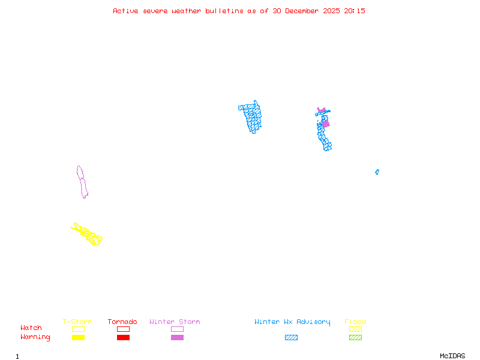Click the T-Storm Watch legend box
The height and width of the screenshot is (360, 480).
[x=78, y=329]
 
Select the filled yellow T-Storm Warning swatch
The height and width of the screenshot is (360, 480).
[x=78, y=337]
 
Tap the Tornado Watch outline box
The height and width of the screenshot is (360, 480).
[x=123, y=329]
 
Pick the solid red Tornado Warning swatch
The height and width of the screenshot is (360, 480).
[x=123, y=337]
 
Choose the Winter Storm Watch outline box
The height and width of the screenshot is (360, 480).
[x=177, y=329]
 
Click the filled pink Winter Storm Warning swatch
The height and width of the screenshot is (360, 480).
[x=177, y=337]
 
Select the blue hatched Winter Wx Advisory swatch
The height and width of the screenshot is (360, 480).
[x=291, y=337]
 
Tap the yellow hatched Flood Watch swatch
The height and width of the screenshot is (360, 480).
[x=355, y=329]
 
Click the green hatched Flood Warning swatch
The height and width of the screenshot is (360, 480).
[x=355, y=337]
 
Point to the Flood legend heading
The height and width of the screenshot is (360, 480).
[x=355, y=322]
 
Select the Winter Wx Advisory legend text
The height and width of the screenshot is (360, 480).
[x=292, y=322]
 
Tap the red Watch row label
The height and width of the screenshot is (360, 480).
[x=31, y=328]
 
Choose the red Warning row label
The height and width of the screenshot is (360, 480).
[x=35, y=337]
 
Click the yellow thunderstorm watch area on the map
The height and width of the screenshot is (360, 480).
[x=88, y=234]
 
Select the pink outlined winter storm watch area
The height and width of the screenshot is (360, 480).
[x=82, y=181]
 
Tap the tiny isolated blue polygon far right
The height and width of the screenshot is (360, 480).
[x=377, y=172]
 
